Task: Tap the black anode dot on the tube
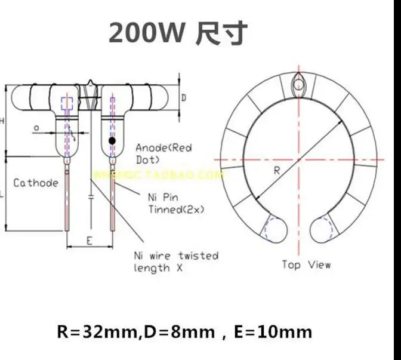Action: (112, 140)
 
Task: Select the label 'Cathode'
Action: (36, 183)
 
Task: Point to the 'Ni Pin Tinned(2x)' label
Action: (173, 203)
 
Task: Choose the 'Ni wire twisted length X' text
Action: (176, 261)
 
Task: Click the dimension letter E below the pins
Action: (88, 240)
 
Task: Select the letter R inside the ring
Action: (277, 170)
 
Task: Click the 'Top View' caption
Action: (306, 264)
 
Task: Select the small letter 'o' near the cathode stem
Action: (37, 127)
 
